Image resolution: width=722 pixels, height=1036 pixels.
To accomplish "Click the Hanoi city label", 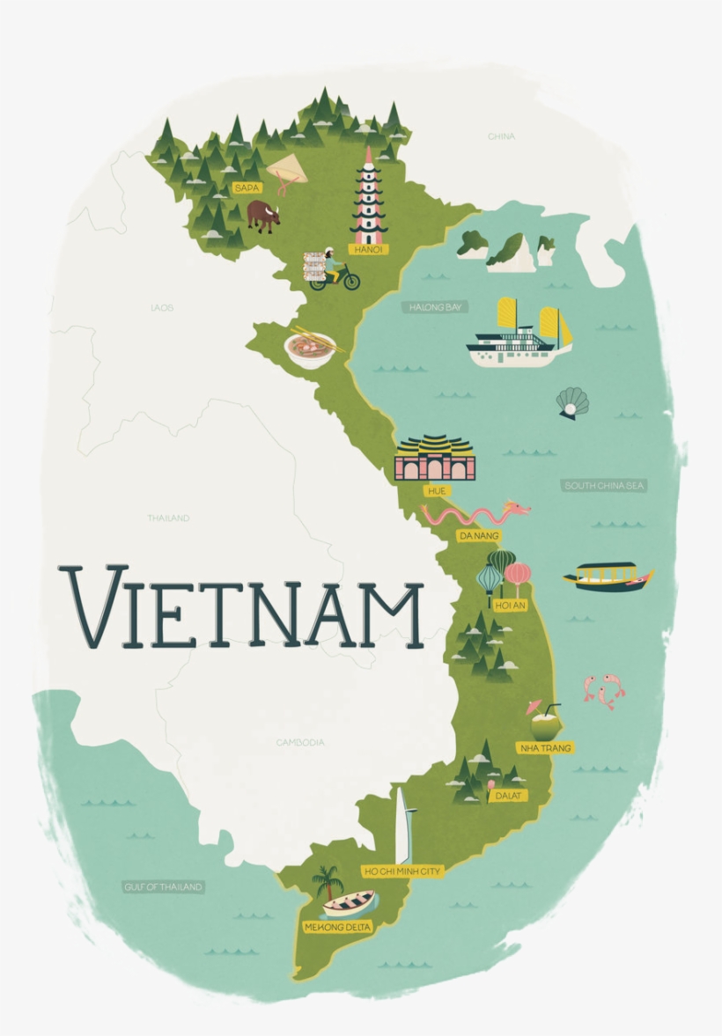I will point(368,249).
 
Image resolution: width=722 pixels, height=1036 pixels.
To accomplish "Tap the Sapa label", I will point(247,187).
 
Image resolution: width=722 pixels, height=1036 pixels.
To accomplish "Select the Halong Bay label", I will point(437,307).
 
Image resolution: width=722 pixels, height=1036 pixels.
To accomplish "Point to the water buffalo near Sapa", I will point(263,216).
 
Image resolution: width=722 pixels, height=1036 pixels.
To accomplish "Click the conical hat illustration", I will point(284,169).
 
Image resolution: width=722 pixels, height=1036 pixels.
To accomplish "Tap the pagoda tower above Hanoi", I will point(368,198).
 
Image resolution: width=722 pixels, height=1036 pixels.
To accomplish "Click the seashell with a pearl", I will point(572,403).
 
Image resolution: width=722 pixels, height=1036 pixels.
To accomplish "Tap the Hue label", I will point(435,490).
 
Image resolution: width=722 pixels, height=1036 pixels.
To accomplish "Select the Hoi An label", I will point(511,606).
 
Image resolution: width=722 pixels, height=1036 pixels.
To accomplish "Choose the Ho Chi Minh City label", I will point(402,871).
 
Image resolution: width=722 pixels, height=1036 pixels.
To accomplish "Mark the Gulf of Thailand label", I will point(163,886).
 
